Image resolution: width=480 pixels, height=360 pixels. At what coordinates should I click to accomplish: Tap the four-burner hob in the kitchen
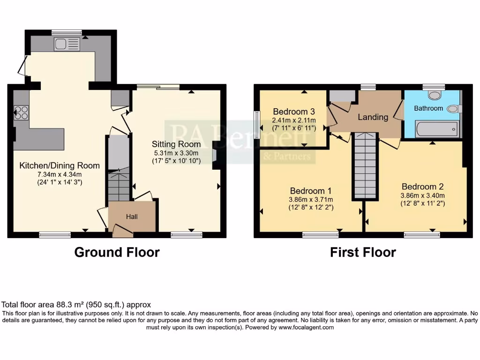tap(21, 113)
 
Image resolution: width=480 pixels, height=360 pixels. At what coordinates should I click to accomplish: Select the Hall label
tap(131, 217)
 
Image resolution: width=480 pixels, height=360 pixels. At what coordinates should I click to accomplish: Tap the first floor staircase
tap(365, 165)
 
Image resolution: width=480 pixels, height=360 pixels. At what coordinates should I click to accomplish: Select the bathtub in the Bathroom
tap(436, 128)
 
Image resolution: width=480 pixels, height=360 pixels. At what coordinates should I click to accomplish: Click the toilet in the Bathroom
tap(434, 95)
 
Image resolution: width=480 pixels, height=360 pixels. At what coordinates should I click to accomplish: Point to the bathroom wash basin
tap(453, 109)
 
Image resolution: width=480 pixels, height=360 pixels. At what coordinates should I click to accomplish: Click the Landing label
tap(373, 117)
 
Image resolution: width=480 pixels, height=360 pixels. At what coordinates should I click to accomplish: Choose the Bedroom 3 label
tap(293, 112)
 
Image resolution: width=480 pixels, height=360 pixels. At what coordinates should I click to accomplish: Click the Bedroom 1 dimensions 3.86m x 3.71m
tap(311, 199)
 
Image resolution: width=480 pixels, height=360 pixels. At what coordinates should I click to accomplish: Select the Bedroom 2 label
tap(422, 186)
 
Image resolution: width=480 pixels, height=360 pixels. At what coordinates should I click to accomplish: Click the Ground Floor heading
tap(117, 252)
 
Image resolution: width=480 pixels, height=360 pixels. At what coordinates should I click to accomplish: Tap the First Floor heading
tap(363, 252)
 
